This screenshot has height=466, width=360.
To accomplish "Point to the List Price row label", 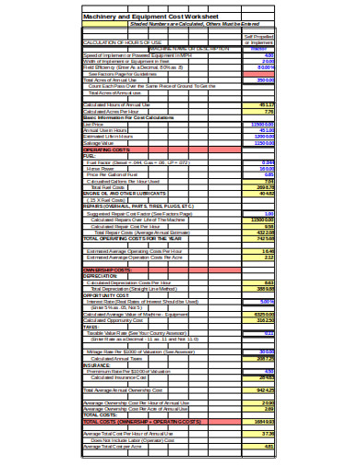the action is tap(92, 123).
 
